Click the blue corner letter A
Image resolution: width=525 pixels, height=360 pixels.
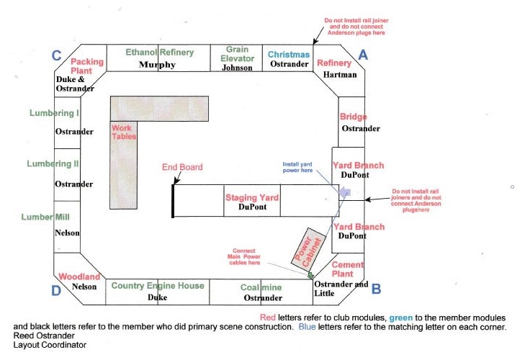[363, 55]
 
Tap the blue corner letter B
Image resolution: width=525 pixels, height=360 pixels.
[376, 289]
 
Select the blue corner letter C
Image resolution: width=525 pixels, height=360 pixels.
[57, 55]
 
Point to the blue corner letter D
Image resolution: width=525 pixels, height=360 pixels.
[56, 290]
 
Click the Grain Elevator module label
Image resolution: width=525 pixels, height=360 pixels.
[237, 54]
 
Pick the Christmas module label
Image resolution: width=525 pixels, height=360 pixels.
[289, 54]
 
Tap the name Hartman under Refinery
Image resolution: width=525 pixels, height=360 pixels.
[340, 74]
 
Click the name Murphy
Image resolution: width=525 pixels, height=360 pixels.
[157, 64]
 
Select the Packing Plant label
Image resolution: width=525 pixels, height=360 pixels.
[87, 66]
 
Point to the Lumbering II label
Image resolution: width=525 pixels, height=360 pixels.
[53, 163]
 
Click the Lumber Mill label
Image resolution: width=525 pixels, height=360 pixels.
[45, 217]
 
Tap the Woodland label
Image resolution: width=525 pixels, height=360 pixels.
[79, 276]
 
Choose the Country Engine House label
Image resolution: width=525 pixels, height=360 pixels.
[158, 286]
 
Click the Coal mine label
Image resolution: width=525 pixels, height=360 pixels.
[261, 287]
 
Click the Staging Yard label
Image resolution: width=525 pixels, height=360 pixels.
[252, 197]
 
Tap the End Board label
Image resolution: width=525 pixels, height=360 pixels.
[182, 167]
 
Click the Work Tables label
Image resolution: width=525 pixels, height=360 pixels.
[124, 132]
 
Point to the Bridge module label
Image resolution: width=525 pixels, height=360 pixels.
[353, 117]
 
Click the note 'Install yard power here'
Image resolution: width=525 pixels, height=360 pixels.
[297, 167]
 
